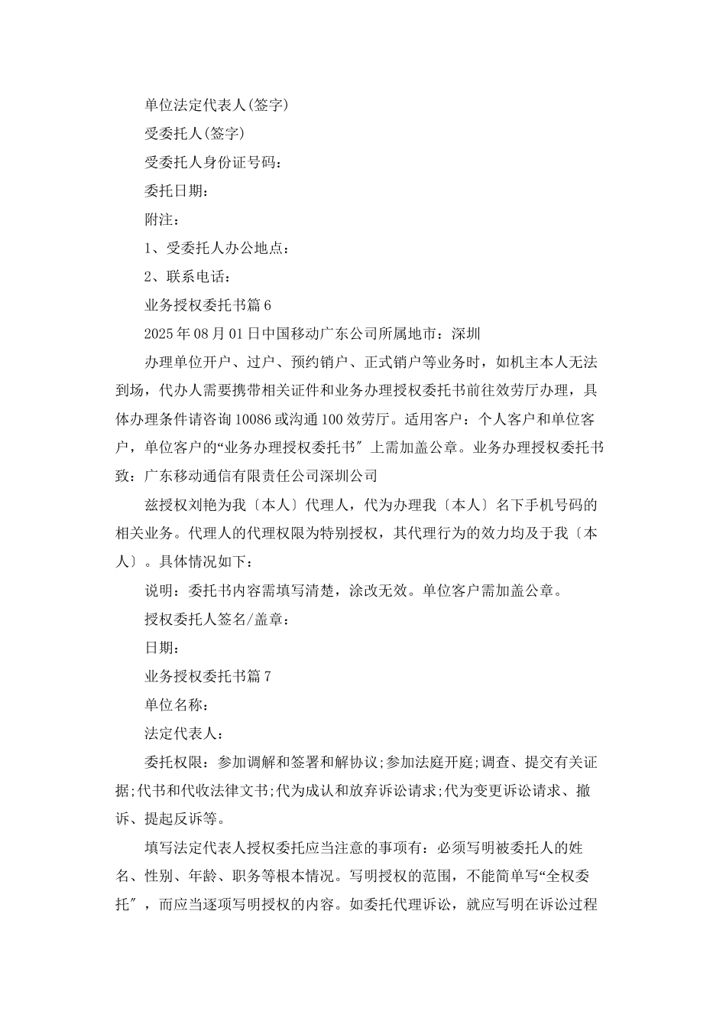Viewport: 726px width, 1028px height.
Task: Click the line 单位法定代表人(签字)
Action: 216,105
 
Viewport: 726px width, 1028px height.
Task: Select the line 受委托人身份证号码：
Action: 212,162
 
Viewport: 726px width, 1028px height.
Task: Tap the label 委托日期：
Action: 176,190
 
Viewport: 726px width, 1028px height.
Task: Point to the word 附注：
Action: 162,220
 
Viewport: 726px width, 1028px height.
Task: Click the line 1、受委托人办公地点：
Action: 216,248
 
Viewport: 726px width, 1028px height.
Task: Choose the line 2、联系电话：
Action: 187,276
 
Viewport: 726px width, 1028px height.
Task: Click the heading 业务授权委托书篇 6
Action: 207,305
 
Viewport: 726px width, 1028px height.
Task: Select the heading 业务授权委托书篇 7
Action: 207,676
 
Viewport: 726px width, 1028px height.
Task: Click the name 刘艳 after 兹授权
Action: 216,505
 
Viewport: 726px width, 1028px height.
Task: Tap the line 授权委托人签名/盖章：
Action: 216,620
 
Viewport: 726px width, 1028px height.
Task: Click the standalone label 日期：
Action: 162,648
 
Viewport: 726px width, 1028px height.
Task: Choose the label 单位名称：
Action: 177,705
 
